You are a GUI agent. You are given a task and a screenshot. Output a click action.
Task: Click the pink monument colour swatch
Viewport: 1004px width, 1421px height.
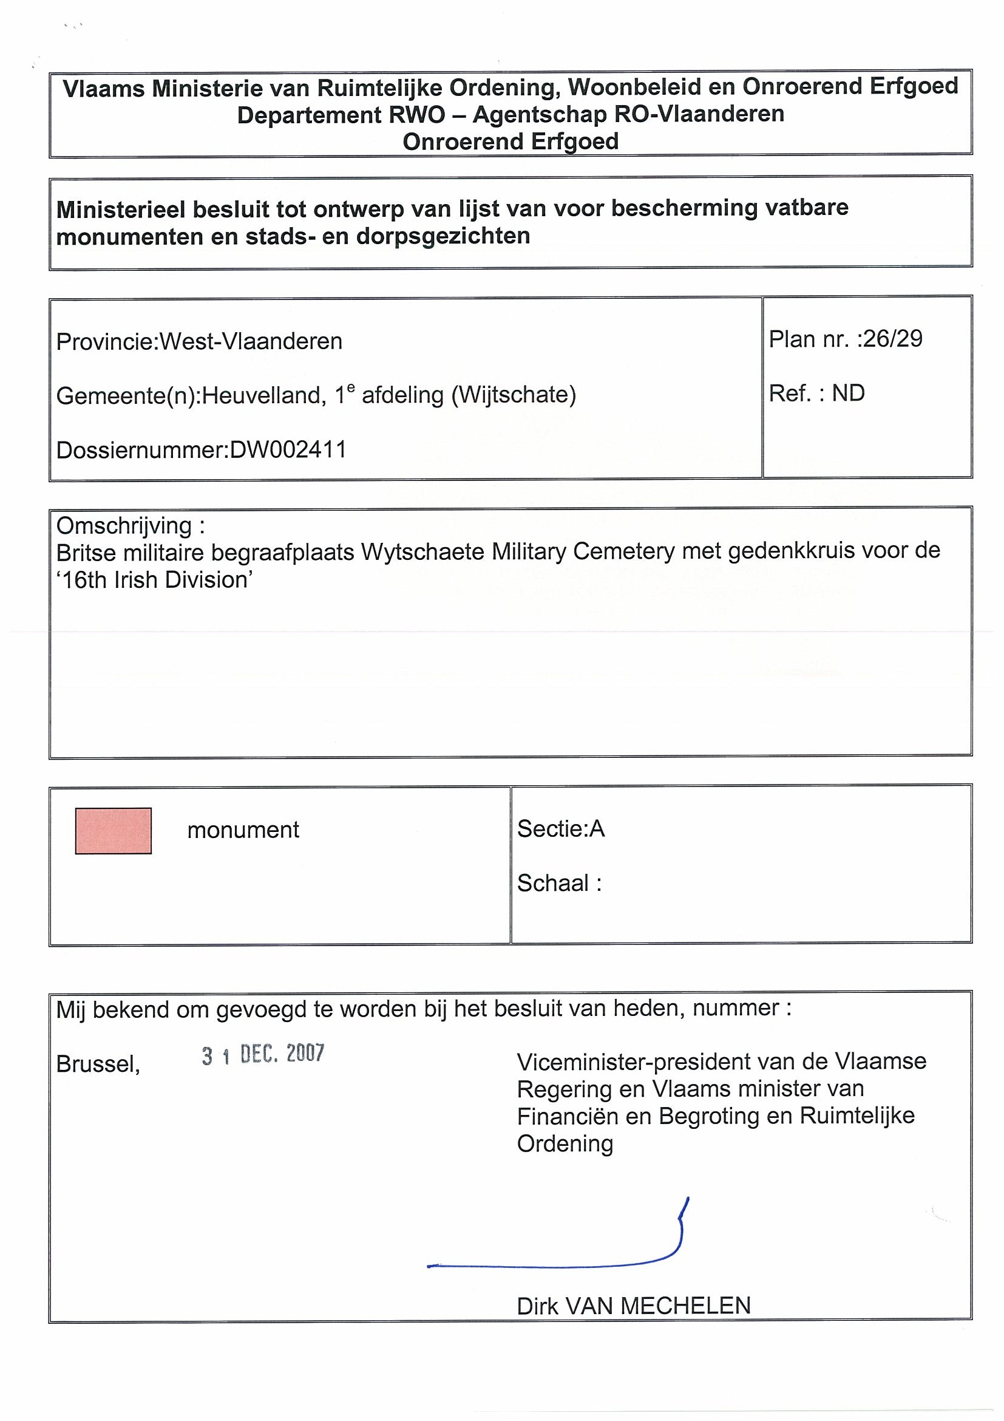[113, 831]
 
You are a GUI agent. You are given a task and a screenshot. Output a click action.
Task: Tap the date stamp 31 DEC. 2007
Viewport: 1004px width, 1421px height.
[263, 1054]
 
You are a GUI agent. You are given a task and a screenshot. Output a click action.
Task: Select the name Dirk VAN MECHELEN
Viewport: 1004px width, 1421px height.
[634, 1306]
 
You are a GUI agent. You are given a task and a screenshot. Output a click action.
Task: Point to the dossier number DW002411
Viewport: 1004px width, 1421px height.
[288, 449]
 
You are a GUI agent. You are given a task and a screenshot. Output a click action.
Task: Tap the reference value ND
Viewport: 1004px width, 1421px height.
[848, 393]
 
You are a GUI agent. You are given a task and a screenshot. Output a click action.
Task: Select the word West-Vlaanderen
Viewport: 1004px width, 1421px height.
[251, 342]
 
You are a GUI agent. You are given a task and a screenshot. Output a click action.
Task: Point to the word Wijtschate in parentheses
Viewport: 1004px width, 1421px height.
[514, 394]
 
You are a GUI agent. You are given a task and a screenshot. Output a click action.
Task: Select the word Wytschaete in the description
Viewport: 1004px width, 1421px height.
[423, 551]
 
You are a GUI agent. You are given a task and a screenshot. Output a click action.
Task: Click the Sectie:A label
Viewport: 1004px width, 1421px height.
[560, 829]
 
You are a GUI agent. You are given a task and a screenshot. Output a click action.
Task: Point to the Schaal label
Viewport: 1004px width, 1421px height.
[558, 883]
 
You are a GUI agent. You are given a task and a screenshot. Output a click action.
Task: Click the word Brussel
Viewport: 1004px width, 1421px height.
[98, 1064]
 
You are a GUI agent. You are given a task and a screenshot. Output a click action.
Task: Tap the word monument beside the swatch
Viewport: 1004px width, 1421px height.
[243, 830]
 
